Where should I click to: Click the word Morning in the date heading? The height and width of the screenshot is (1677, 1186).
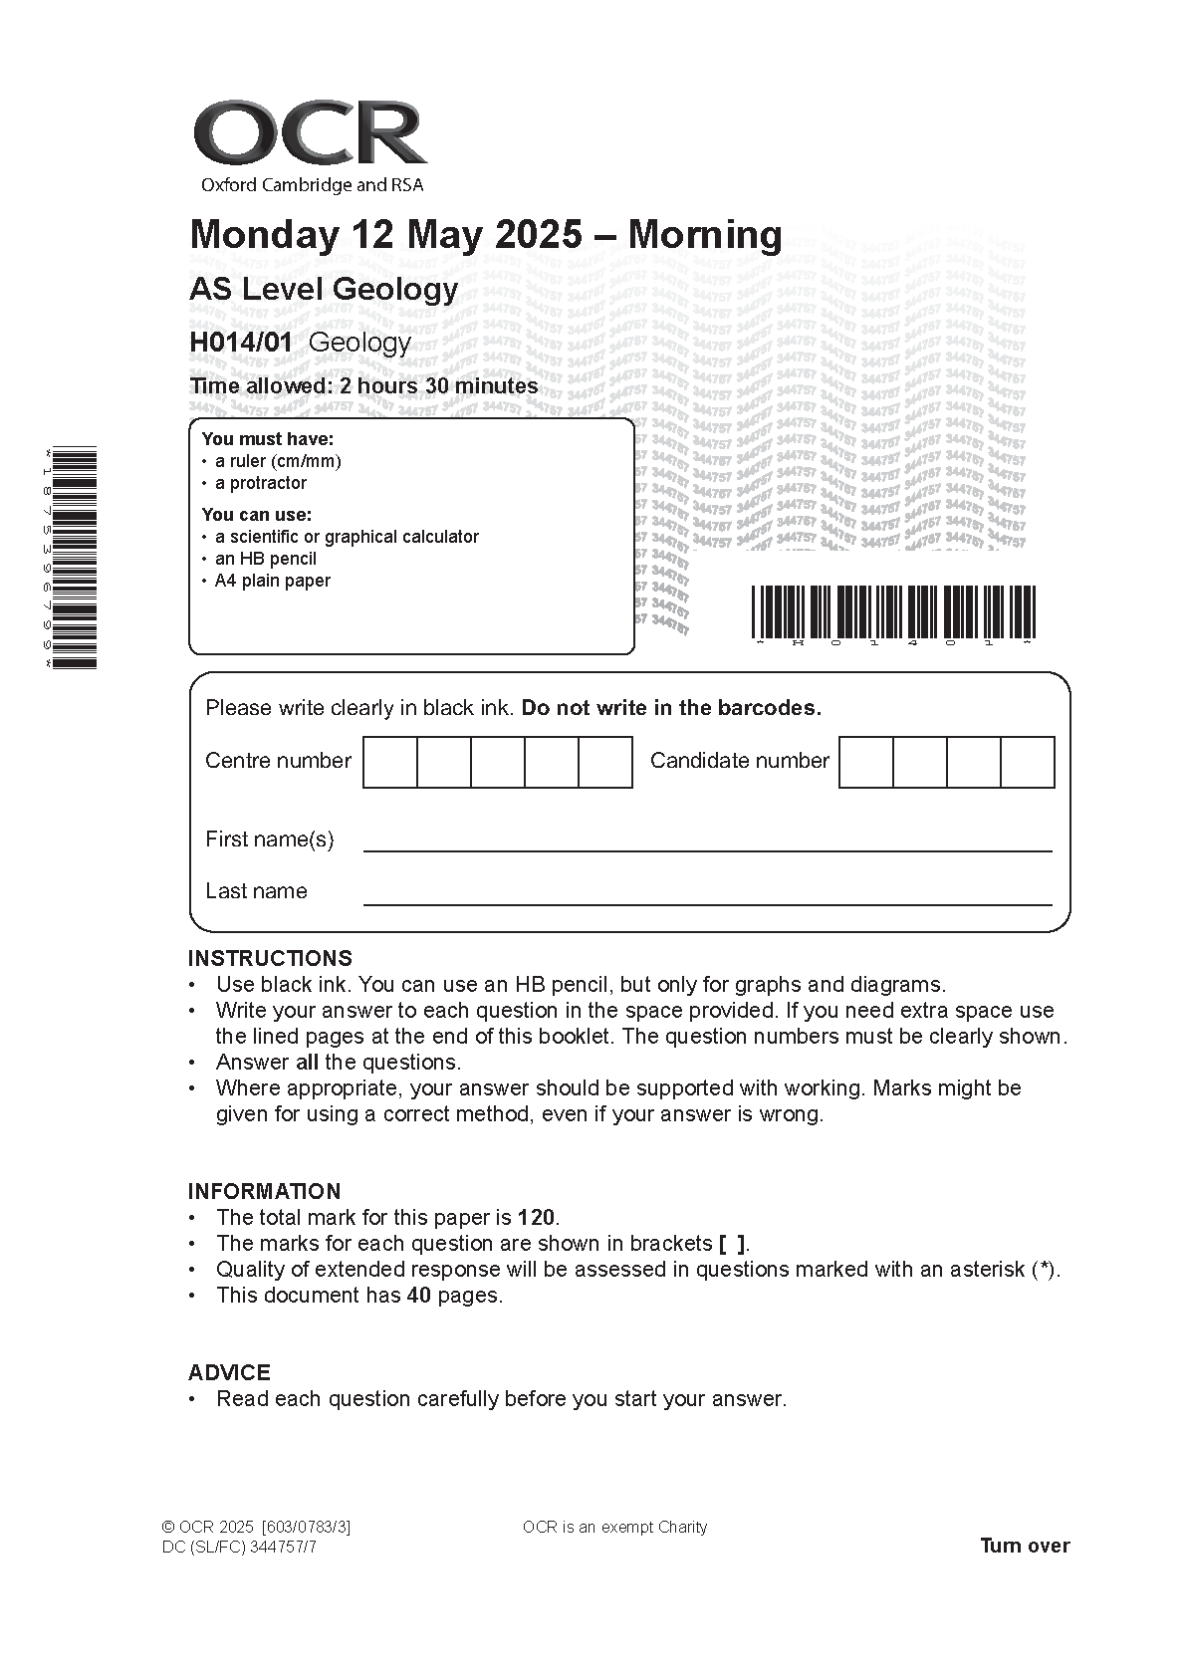705,235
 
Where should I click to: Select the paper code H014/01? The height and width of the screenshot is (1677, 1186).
241,343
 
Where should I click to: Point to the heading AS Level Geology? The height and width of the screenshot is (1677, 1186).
324,290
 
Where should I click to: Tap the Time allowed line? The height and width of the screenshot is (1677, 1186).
363,386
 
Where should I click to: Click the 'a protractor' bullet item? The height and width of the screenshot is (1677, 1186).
261,483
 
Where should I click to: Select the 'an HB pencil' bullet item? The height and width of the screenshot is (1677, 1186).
266,559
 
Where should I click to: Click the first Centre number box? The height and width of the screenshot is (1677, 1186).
390,762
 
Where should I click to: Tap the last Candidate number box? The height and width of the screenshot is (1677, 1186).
1027,762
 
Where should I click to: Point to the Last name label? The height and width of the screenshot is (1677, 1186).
256,891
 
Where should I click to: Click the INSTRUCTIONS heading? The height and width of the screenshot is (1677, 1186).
270,958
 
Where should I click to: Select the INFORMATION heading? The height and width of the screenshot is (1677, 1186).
264,1191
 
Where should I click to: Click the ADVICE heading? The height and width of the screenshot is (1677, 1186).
229,1372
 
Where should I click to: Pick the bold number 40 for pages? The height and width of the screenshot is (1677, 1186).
418,1295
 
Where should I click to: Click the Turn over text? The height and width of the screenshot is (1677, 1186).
1025,1546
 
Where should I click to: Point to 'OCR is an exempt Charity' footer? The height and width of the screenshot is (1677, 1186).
614,1527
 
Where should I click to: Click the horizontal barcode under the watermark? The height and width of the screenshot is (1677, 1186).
892,612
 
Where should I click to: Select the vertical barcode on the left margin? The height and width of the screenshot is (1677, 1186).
74,558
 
